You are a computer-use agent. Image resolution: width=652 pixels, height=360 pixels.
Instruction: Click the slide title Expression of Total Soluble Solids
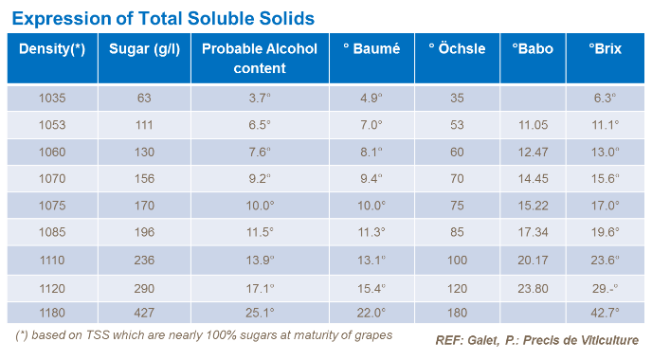click(x=163, y=18)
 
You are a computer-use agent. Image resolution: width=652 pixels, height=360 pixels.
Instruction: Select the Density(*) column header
click(x=51, y=49)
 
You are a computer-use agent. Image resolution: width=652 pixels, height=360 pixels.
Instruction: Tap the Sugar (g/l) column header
click(x=144, y=49)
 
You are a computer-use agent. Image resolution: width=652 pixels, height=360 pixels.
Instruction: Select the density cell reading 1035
click(x=51, y=98)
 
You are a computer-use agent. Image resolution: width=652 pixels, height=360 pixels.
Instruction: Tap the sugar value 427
click(x=144, y=313)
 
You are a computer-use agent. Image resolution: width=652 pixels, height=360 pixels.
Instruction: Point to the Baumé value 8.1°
click(x=371, y=152)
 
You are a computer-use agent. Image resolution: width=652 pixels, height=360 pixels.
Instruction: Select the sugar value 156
click(x=144, y=178)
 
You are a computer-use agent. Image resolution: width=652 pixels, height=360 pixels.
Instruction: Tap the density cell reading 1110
click(x=51, y=260)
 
